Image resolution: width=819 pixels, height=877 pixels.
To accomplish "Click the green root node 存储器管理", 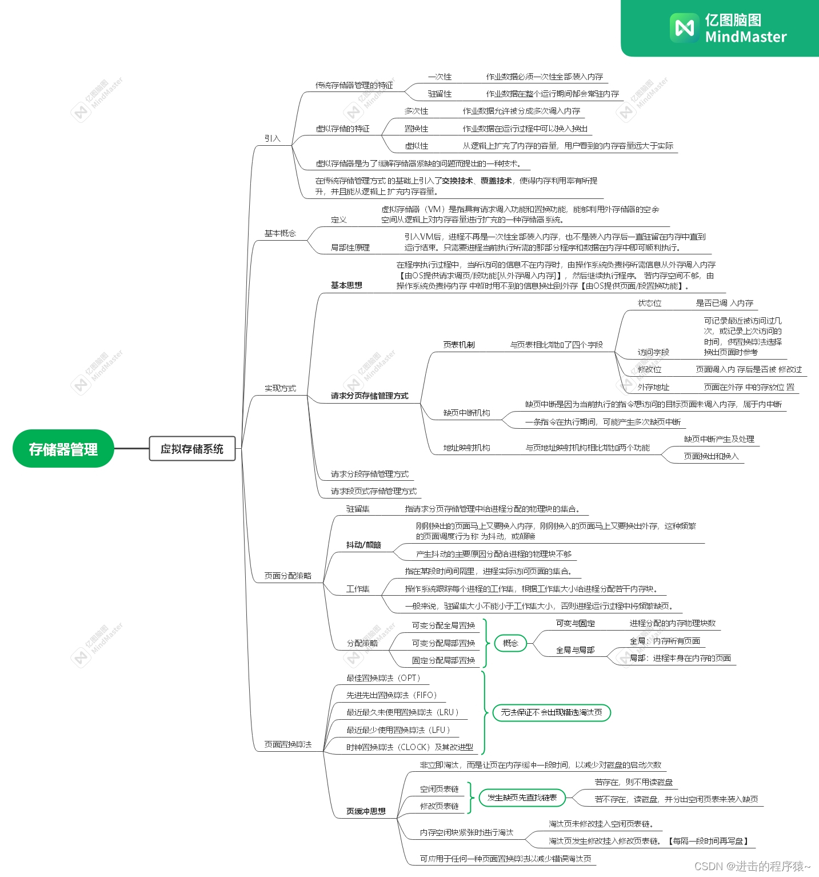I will [x=63, y=449].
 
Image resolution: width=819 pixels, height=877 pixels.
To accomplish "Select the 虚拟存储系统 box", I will [x=192, y=449].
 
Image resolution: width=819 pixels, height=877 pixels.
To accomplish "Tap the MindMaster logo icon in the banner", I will [x=684, y=28].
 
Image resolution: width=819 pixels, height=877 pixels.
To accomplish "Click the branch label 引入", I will [x=272, y=138].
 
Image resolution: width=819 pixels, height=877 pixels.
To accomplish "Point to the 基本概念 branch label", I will [x=280, y=233].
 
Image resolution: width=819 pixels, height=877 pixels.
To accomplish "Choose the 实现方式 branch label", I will [x=280, y=388].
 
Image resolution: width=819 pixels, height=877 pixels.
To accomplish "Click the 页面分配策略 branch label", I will [x=287, y=576].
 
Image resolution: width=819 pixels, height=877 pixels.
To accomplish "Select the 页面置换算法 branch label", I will [x=287, y=744].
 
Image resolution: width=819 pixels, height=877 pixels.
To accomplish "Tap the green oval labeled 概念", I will [x=510, y=643].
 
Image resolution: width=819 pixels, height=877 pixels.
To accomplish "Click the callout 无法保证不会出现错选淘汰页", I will [x=552, y=712].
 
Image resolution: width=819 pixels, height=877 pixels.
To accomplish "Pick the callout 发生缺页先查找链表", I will [x=522, y=798].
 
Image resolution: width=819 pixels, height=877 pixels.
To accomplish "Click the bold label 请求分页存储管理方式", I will [x=369, y=396].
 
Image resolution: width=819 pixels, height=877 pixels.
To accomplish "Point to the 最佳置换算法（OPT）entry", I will [x=383, y=678].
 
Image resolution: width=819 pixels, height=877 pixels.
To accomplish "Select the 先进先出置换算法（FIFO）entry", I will [x=391, y=695].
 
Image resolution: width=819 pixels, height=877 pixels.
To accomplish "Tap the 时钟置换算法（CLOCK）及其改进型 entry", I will [x=410, y=747].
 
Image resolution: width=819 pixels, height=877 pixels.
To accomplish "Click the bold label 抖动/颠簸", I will [x=363, y=545].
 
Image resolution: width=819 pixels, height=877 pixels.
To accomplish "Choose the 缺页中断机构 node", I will [x=466, y=413].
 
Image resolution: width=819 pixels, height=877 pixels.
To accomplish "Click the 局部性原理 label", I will [x=350, y=248].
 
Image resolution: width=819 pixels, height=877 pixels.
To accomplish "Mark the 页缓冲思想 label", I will [x=366, y=811].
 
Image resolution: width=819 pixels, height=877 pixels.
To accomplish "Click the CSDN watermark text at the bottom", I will [x=752, y=866].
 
